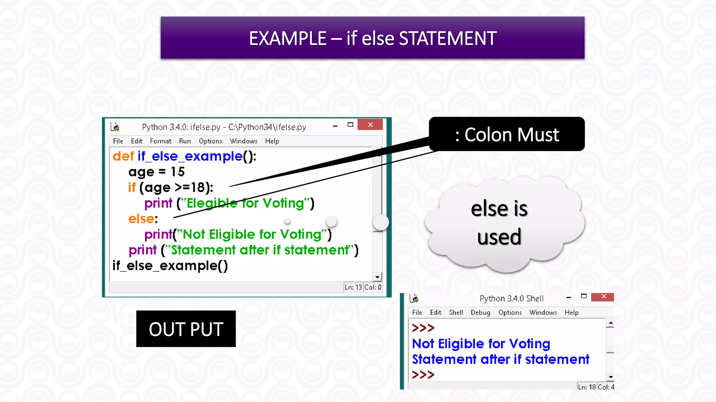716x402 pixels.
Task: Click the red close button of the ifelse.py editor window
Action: (370, 125)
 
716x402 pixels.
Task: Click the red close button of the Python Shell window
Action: (603, 297)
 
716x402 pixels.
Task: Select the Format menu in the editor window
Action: (160, 141)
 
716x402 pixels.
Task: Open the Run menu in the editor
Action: (185, 141)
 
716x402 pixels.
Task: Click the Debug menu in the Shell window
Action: (480, 312)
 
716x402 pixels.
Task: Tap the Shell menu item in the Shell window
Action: (456, 312)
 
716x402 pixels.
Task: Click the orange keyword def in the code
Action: (123, 156)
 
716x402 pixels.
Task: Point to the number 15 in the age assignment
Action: (178, 172)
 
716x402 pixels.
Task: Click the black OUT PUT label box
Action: (186, 329)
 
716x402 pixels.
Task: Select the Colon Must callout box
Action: (507, 134)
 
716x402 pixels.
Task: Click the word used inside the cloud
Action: (499, 237)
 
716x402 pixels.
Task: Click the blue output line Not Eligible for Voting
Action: (481, 344)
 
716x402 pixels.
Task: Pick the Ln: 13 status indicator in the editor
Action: (353, 287)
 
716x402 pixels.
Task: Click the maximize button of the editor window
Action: (350, 125)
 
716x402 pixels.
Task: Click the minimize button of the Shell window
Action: (568, 297)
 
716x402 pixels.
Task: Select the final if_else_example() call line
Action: (170, 266)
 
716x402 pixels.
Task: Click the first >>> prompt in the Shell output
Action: (423, 328)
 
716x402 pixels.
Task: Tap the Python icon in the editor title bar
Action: (115, 126)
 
